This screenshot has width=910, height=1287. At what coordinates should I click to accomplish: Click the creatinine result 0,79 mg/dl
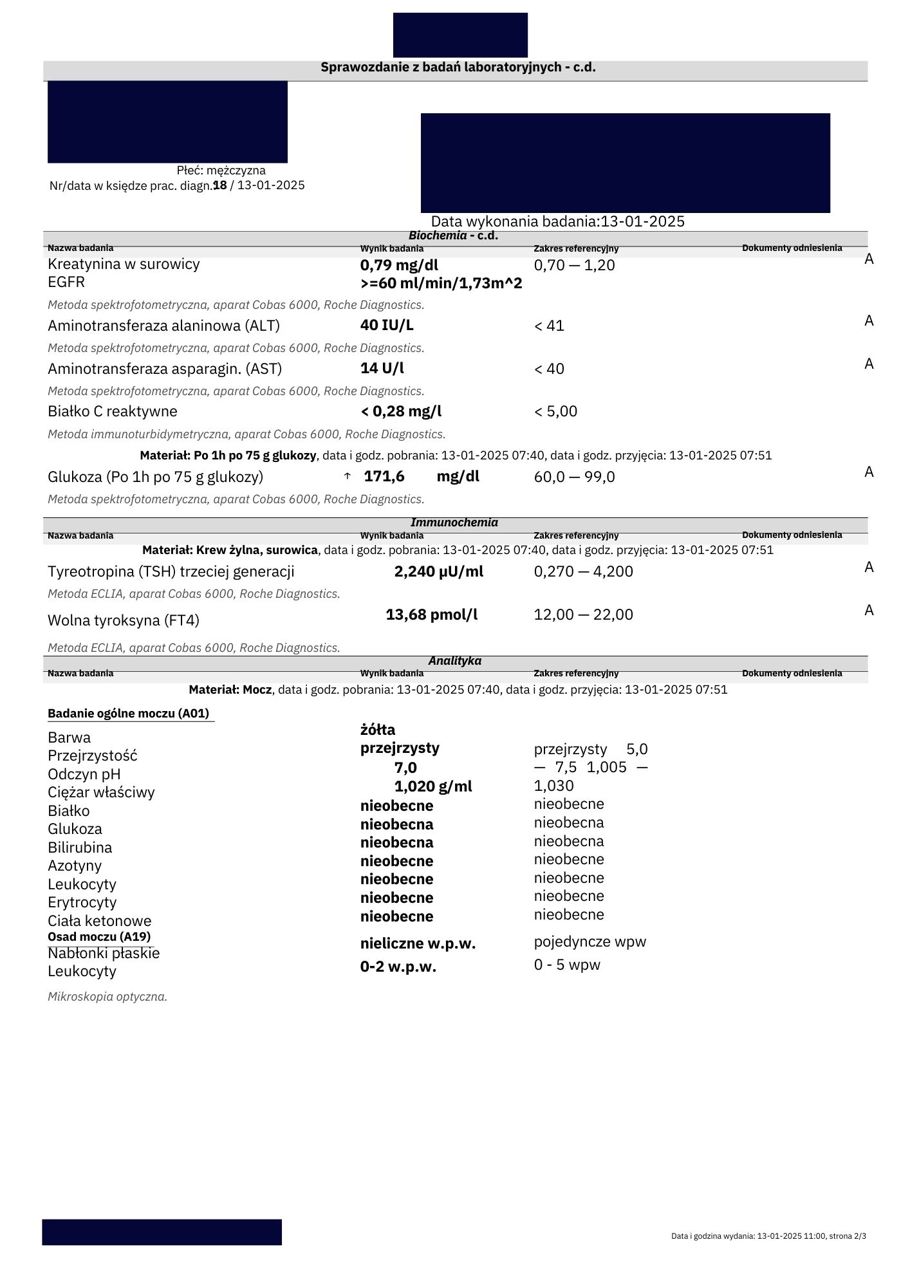pyautogui.click(x=399, y=265)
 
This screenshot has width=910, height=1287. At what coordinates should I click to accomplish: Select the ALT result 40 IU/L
pyautogui.click(x=387, y=325)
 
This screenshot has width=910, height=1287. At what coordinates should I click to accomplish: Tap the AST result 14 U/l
pyautogui.click(x=382, y=368)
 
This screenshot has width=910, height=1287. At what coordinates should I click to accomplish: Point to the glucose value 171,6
pyautogui.click(x=384, y=476)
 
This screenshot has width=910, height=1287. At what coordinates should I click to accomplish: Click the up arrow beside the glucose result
pyautogui.click(x=348, y=476)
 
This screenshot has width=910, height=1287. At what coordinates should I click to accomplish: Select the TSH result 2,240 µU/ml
pyautogui.click(x=438, y=571)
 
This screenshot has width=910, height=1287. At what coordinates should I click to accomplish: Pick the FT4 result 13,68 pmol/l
pyautogui.click(x=432, y=615)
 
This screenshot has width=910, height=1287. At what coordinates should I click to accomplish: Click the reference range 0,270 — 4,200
pyautogui.click(x=583, y=571)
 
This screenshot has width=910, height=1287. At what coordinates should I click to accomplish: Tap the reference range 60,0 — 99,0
pyautogui.click(x=574, y=477)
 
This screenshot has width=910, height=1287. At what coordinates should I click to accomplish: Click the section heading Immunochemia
pyautogui.click(x=454, y=523)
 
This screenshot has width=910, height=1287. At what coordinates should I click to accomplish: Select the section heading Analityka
pyautogui.click(x=454, y=661)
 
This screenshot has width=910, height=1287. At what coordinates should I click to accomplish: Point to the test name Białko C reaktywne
pyautogui.click(x=113, y=411)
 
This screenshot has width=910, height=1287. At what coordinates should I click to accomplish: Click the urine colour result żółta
pyautogui.click(x=378, y=730)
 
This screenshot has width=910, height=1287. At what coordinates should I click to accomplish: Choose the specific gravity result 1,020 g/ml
pyautogui.click(x=433, y=786)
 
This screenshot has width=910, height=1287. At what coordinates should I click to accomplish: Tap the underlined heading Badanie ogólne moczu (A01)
pyautogui.click(x=128, y=713)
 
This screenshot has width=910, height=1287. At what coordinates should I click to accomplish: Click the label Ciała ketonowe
pyautogui.click(x=100, y=921)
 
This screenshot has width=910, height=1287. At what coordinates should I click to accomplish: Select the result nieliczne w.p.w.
pyautogui.click(x=418, y=943)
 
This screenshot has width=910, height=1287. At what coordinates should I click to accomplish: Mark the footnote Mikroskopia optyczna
pyautogui.click(x=107, y=997)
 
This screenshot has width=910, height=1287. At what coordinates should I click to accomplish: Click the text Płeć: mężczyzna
pyautogui.click(x=221, y=171)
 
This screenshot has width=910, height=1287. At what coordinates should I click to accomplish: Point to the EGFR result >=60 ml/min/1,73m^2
pyautogui.click(x=441, y=283)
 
